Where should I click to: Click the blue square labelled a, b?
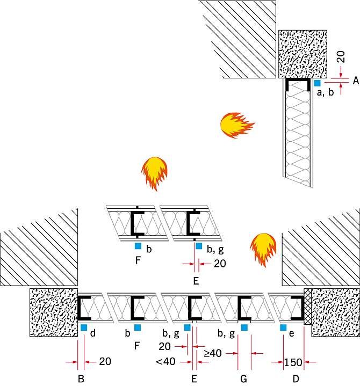click(x=317, y=83)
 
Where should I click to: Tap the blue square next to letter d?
click(x=84, y=327)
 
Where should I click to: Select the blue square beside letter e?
click(x=283, y=327)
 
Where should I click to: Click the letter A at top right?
click(x=356, y=81)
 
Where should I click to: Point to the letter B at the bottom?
click(x=81, y=378)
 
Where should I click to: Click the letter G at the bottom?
click(x=243, y=378)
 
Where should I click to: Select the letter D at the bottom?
click(x=296, y=378)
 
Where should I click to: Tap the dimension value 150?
click(x=293, y=362)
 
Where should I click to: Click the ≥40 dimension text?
click(x=213, y=353)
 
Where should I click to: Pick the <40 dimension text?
click(x=165, y=362)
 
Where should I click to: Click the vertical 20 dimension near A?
click(x=341, y=57)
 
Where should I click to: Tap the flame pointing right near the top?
click(x=237, y=125)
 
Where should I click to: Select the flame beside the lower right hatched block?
click(x=263, y=250)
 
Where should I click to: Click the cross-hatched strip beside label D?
click(x=308, y=307)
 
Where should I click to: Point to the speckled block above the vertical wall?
click(x=303, y=54)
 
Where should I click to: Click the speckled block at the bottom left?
click(x=54, y=312)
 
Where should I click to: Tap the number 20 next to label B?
click(x=105, y=361)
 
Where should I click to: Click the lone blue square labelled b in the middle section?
click(x=138, y=246)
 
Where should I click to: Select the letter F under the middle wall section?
click(x=138, y=260)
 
